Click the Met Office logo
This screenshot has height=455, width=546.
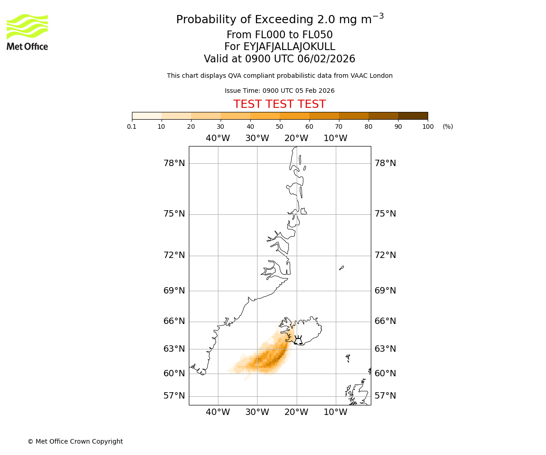[27, 32]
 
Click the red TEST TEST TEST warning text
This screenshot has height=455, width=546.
[279, 105]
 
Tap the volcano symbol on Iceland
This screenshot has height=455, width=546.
[298, 340]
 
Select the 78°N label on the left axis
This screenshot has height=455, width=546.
[174, 163]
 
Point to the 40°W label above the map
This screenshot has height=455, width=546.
[218, 138]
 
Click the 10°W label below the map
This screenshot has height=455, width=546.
[335, 413]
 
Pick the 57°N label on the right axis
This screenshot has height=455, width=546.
[385, 396]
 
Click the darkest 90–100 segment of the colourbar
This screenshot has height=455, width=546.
[413, 116]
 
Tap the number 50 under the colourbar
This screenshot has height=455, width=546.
[279, 126]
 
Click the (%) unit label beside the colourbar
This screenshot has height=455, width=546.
[448, 126]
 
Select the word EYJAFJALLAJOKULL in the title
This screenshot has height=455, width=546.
[289, 47]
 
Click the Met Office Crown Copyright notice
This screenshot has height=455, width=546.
[75, 441]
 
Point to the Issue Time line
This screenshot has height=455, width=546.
[279, 91]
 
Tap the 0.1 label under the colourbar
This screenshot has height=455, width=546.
[132, 126]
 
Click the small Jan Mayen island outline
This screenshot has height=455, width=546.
[341, 268]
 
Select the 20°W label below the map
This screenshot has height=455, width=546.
[296, 413]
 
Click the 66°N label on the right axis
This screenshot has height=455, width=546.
[385, 321]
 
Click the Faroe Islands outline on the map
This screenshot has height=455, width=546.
[348, 358]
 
